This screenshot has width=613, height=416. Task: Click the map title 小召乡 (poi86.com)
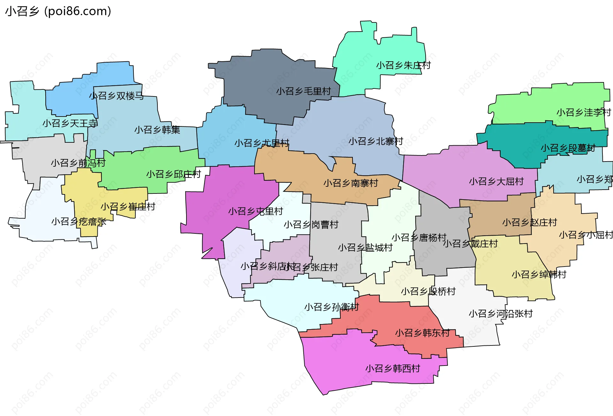pos(58,11)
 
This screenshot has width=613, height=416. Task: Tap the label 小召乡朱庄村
pos(403,65)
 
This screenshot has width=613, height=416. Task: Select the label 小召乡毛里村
pos(303,91)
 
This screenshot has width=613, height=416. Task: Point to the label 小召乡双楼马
pos(116,96)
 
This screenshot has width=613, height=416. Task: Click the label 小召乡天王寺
pos(70,123)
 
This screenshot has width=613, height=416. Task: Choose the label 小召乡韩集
pos(157,130)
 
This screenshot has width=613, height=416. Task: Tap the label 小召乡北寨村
pos(376,141)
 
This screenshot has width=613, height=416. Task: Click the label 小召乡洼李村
pos(584,112)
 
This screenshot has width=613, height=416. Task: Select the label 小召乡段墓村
pos(568,148)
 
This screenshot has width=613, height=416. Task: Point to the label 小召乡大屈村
pos(496,182)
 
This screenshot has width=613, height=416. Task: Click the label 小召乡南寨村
pos(351,183)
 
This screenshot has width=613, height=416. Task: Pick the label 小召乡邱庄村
pos(173,174)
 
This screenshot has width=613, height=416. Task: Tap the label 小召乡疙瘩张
pos(79,222)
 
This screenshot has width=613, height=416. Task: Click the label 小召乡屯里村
pos(255,211)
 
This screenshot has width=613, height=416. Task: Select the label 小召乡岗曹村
pos(311,225)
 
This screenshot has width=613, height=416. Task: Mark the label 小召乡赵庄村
pos(530,223)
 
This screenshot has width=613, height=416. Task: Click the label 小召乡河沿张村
pos(501,314)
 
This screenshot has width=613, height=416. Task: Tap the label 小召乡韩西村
pos(393,369)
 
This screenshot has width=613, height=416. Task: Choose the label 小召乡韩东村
pos(422,333)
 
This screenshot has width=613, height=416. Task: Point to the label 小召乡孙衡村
pos(331,307)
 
